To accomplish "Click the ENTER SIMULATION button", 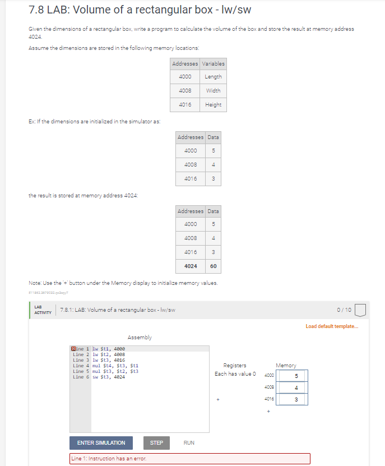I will click(101, 442).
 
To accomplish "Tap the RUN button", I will click(189, 442).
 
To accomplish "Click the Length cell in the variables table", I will click(213, 77).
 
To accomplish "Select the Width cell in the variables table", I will click(213, 90).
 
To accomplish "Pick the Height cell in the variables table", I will click(213, 104).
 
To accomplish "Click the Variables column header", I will click(213, 63).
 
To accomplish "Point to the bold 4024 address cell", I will click(191, 266).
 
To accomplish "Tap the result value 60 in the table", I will click(214, 266).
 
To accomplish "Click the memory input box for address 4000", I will click(295, 376).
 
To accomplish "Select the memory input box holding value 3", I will click(295, 399).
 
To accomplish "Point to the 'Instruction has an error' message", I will click(109, 459).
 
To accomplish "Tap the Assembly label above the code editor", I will click(140, 337).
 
